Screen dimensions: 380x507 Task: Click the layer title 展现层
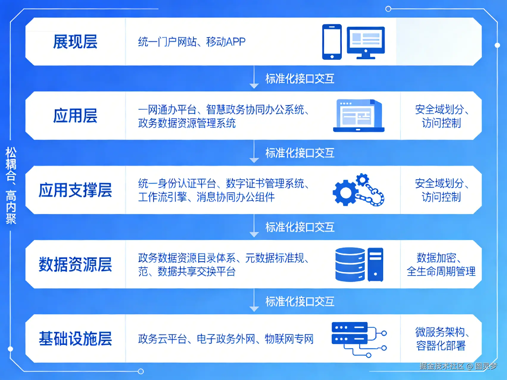(75, 42)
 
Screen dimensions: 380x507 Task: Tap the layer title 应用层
(75, 115)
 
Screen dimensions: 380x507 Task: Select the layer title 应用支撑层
(75, 190)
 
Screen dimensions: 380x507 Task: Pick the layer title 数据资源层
(75, 264)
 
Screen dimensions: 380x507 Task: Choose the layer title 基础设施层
(75, 339)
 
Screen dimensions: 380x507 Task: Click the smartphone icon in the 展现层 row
(332, 42)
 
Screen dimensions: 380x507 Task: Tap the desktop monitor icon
(366, 43)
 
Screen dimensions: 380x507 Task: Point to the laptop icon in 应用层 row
(358, 116)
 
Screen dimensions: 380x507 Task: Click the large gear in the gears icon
(345, 193)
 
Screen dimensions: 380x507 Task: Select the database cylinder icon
(350, 265)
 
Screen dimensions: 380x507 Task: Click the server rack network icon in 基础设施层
(358, 339)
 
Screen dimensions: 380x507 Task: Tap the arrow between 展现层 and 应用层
(254, 78)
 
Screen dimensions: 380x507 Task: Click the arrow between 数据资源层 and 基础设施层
(254, 301)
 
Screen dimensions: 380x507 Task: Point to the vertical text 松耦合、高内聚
(11, 185)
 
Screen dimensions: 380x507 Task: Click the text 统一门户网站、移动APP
(192, 42)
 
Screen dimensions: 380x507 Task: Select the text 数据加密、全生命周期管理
(441, 265)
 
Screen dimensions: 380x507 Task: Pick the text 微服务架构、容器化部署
(441, 339)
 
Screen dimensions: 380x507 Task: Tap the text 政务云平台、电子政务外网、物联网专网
(226, 339)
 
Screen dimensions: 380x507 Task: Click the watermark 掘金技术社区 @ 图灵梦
(458, 366)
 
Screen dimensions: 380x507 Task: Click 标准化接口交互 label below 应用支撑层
(300, 227)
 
